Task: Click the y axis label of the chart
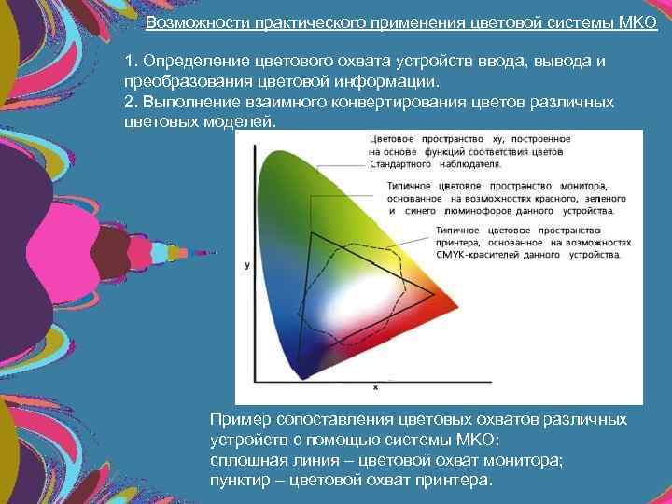246,266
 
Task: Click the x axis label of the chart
375,386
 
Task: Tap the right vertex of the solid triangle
434,295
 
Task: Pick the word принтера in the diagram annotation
458,241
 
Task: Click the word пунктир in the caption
240,480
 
